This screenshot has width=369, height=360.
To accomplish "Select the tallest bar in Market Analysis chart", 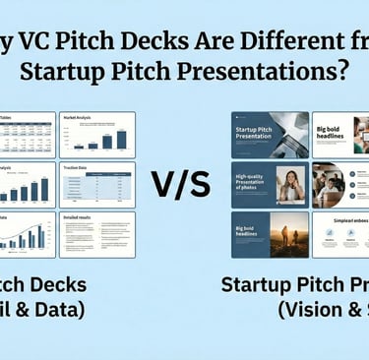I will [x=121, y=138].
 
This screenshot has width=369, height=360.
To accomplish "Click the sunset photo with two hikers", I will [x=288, y=234].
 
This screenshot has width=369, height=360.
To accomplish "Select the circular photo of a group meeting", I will [x=327, y=184].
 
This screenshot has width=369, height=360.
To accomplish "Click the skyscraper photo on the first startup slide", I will [x=289, y=134].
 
